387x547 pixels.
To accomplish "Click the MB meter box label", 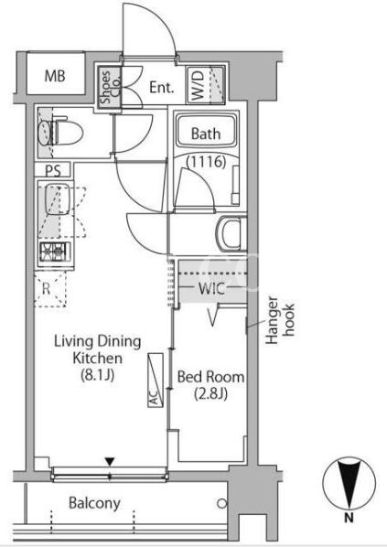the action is [x=55, y=76].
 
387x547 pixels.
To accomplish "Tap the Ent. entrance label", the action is [x=162, y=87].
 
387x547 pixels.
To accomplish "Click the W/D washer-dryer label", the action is [x=198, y=85].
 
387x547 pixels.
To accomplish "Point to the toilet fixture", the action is [x=60, y=133].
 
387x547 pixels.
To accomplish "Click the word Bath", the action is [x=206, y=134].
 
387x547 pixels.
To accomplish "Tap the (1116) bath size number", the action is [x=206, y=162].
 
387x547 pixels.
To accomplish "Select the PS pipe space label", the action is [x=53, y=170].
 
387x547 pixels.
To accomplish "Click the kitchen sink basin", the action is [x=58, y=198].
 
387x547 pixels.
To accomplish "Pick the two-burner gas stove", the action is [x=55, y=252].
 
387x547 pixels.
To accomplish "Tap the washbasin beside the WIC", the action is [x=231, y=233].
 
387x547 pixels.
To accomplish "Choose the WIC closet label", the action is [x=211, y=288].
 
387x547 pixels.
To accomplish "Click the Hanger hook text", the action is [x=280, y=320].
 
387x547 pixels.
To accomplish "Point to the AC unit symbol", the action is [x=156, y=381].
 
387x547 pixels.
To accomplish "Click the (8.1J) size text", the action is [x=97, y=375].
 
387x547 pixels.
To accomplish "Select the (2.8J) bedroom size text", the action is [x=210, y=393].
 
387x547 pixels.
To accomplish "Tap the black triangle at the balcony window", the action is [x=110, y=463].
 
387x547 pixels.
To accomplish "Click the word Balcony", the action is [x=94, y=503].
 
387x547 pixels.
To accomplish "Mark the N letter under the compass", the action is [x=349, y=518].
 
